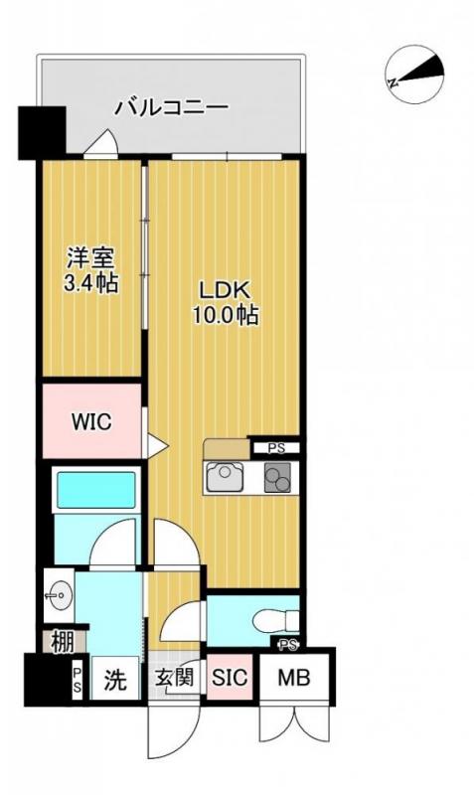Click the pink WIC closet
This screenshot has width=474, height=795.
pos(90,420)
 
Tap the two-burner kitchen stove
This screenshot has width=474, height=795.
pos(278,479)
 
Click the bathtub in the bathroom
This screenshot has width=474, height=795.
pos(94,491)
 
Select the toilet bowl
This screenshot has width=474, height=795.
pos(271,622)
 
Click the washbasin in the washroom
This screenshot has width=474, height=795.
pos(56,596)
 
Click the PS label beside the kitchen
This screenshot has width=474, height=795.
pos(275,448)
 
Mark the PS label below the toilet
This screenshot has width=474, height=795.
pos(288,646)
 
